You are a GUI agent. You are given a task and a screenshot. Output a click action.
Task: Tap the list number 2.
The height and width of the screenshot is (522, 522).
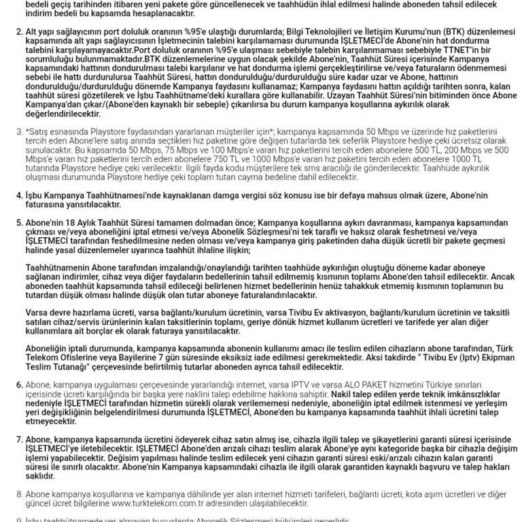click(x=19, y=32)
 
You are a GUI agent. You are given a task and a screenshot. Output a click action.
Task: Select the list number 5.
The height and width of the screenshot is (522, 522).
click(x=19, y=222)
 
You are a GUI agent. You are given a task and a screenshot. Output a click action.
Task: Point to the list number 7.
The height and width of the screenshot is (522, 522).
click(x=19, y=439)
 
